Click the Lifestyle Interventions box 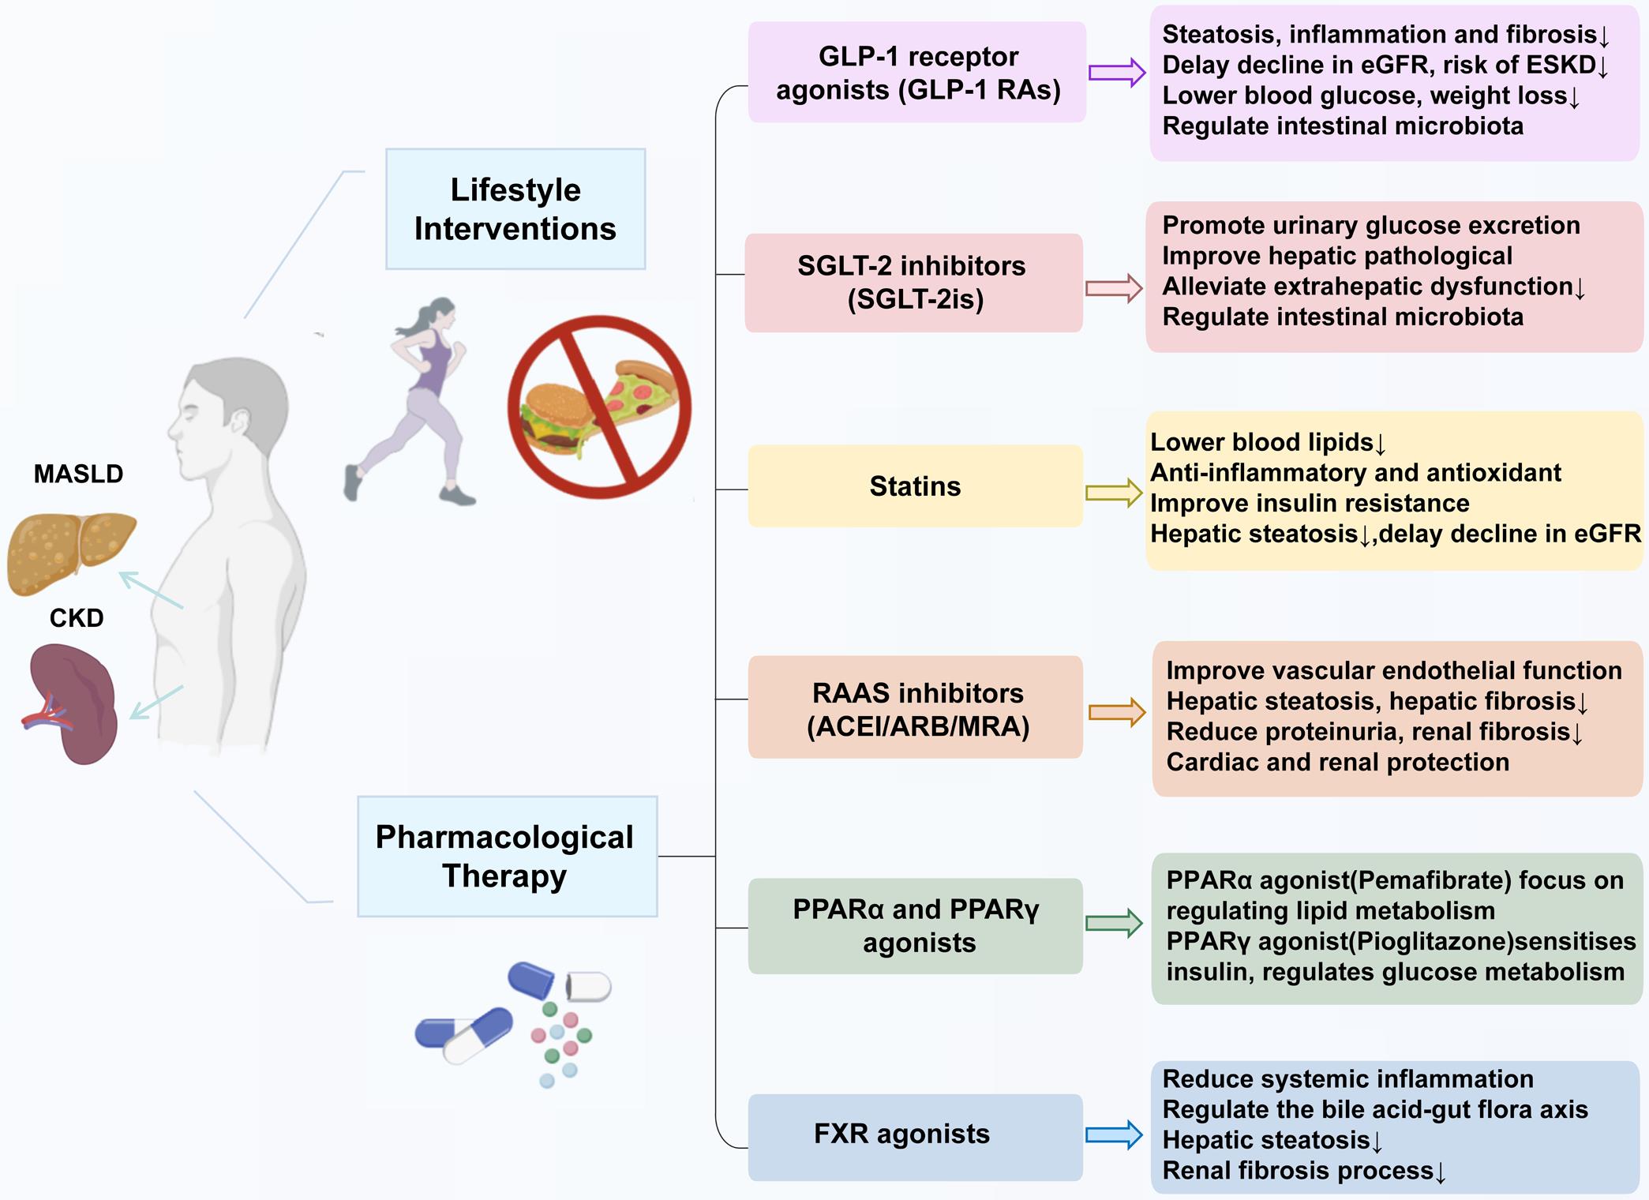click(515, 209)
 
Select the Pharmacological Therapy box click(507, 857)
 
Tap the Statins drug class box click(915, 486)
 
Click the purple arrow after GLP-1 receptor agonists click(1116, 73)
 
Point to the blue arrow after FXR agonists click(1114, 1135)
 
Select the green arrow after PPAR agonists click(1114, 923)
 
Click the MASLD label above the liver click(78, 474)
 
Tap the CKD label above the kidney click(77, 617)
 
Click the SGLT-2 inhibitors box click(913, 283)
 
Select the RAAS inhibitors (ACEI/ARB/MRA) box click(916, 708)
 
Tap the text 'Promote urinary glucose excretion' click(1371, 225)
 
